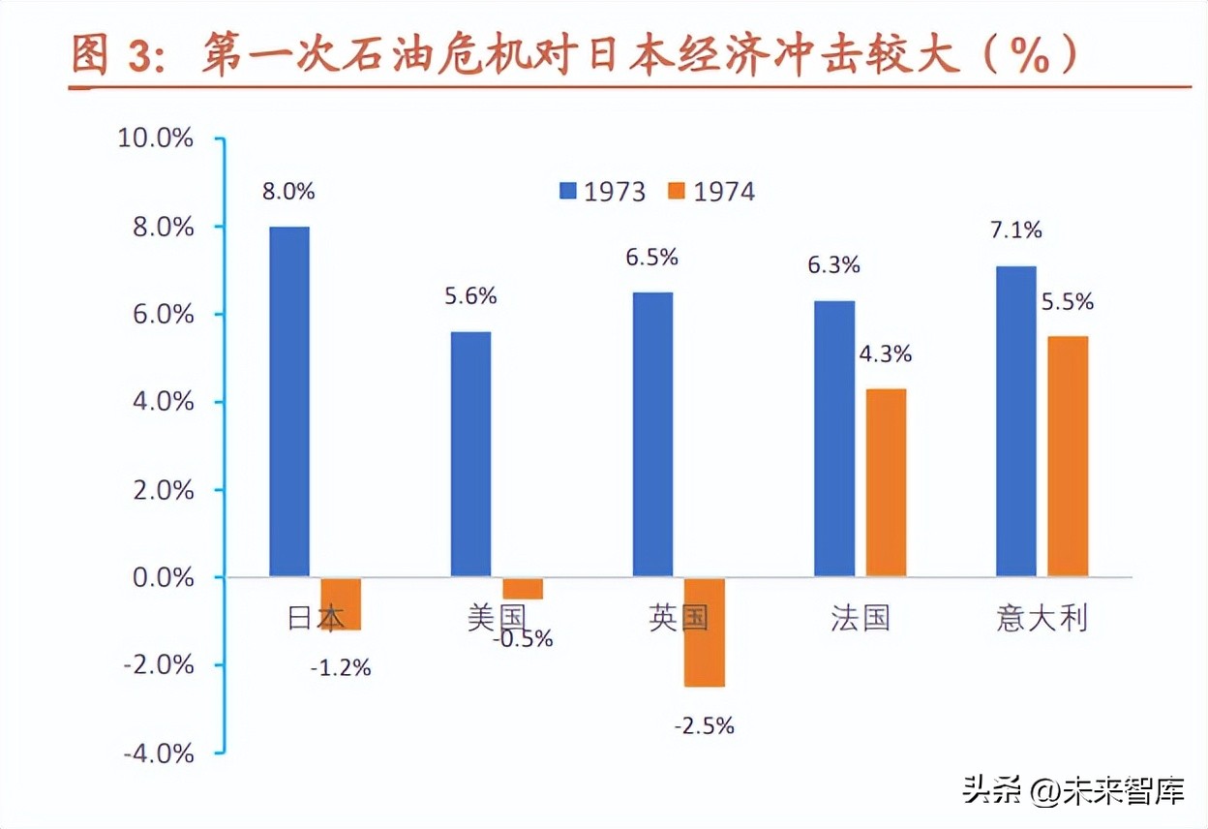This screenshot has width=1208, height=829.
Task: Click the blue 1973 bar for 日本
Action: click(289, 402)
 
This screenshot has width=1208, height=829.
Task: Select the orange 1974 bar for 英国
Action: click(704, 632)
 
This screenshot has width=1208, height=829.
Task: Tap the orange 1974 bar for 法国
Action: click(886, 483)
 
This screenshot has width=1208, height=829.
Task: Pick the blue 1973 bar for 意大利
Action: click(1016, 421)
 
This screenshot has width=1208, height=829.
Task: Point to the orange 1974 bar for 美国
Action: click(523, 589)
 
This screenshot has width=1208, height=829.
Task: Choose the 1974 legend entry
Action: click(712, 192)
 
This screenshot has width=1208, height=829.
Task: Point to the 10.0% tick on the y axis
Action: click(156, 138)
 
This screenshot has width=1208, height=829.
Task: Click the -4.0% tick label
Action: click(156, 753)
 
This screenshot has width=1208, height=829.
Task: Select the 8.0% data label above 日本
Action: click(288, 191)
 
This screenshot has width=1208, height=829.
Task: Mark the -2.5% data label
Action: click(704, 724)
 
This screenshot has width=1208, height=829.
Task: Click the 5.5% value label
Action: click(1068, 302)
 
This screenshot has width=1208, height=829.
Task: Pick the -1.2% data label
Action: click(341, 667)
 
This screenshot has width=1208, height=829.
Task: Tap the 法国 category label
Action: click(860, 618)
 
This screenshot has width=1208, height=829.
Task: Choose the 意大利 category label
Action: click(1042, 618)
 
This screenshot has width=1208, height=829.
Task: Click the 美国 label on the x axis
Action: click(496, 618)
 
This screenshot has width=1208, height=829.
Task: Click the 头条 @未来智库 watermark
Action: click(1072, 792)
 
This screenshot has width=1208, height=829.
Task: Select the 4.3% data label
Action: click(886, 354)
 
